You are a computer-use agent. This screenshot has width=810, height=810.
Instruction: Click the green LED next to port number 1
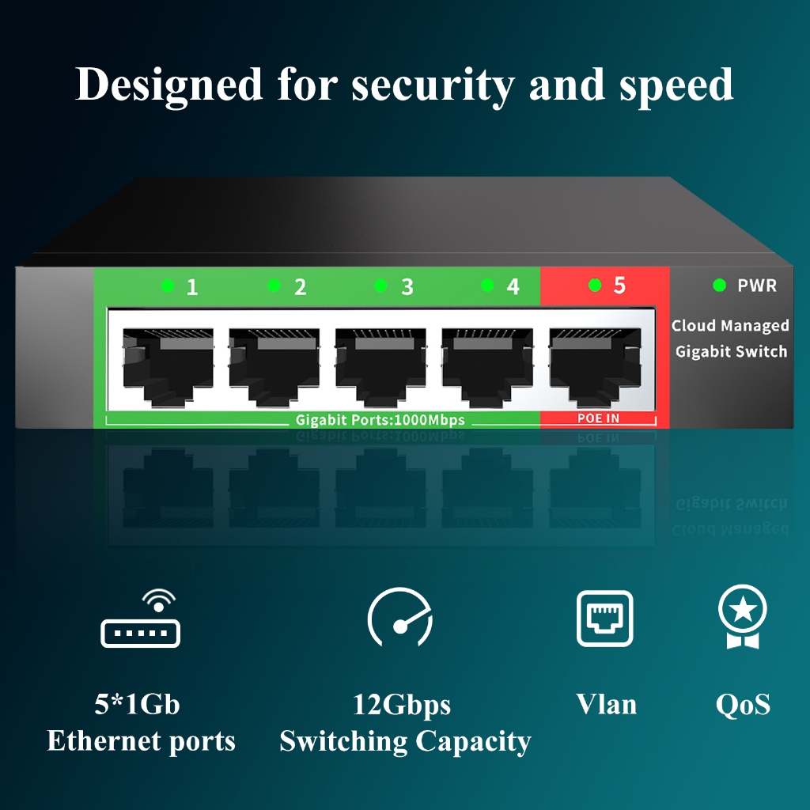pos(168,285)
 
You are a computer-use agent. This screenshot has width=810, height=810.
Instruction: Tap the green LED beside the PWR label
pos(719,285)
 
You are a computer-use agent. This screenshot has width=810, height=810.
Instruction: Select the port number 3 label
pos(407,286)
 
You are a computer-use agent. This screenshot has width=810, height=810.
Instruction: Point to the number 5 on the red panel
pos(619,285)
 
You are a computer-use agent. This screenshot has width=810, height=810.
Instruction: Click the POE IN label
pos(598,418)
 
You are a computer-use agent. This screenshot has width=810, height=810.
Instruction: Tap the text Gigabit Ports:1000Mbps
pos(380,420)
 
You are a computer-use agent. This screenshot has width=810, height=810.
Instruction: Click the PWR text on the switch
pos(757,285)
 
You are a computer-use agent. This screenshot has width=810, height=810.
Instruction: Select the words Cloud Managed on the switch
pos(730,325)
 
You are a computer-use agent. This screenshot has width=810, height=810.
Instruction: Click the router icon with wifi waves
pos(141,618)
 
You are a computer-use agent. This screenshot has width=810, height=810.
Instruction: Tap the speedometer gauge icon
pos(400,617)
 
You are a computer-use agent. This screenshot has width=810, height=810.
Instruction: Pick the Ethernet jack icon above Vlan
pos(605,619)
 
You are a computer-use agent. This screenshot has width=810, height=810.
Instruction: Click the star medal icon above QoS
pos(742,616)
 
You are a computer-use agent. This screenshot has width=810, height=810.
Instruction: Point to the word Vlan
pos(606,704)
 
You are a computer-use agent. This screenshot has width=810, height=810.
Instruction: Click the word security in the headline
pos(433,85)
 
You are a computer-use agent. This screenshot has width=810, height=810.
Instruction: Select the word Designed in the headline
pos(168,85)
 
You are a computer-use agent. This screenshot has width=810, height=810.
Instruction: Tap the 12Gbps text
pos(401,706)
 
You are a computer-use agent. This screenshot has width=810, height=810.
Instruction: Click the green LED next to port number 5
pos(595,285)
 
